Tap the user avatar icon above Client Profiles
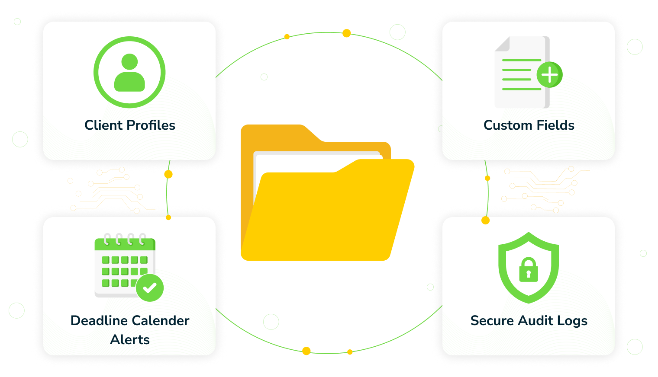[129, 72]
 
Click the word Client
[103, 125]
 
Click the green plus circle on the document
[549, 75]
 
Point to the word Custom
[503, 125]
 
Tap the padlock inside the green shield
[529, 270]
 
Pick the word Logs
[572, 321]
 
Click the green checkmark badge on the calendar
[150, 288]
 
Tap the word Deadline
[96, 321]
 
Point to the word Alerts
[130, 340]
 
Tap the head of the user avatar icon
[129, 61]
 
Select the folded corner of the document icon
[503, 44]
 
